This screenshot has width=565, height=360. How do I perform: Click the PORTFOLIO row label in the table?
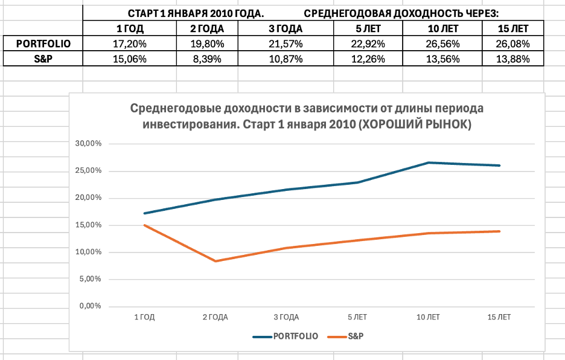(x=42, y=43)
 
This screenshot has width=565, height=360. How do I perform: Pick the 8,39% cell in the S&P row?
(x=207, y=59)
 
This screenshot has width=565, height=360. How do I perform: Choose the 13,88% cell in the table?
(x=514, y=59)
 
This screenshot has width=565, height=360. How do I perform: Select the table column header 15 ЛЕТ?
(x=514, y=28)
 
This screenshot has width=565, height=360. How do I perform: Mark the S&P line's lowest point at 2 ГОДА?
(x=214, y=261)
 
